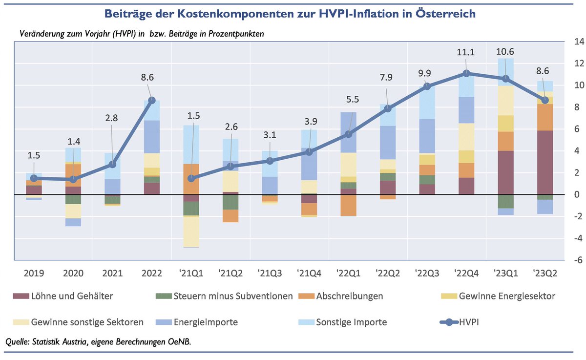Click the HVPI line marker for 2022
pos(152,100)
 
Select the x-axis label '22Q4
pos(466,273)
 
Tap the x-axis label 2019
pos(34,273)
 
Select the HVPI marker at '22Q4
pos(466,73)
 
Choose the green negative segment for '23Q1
pos(505,201)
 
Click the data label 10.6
pos(505,52)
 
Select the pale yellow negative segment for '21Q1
pos(191,232)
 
